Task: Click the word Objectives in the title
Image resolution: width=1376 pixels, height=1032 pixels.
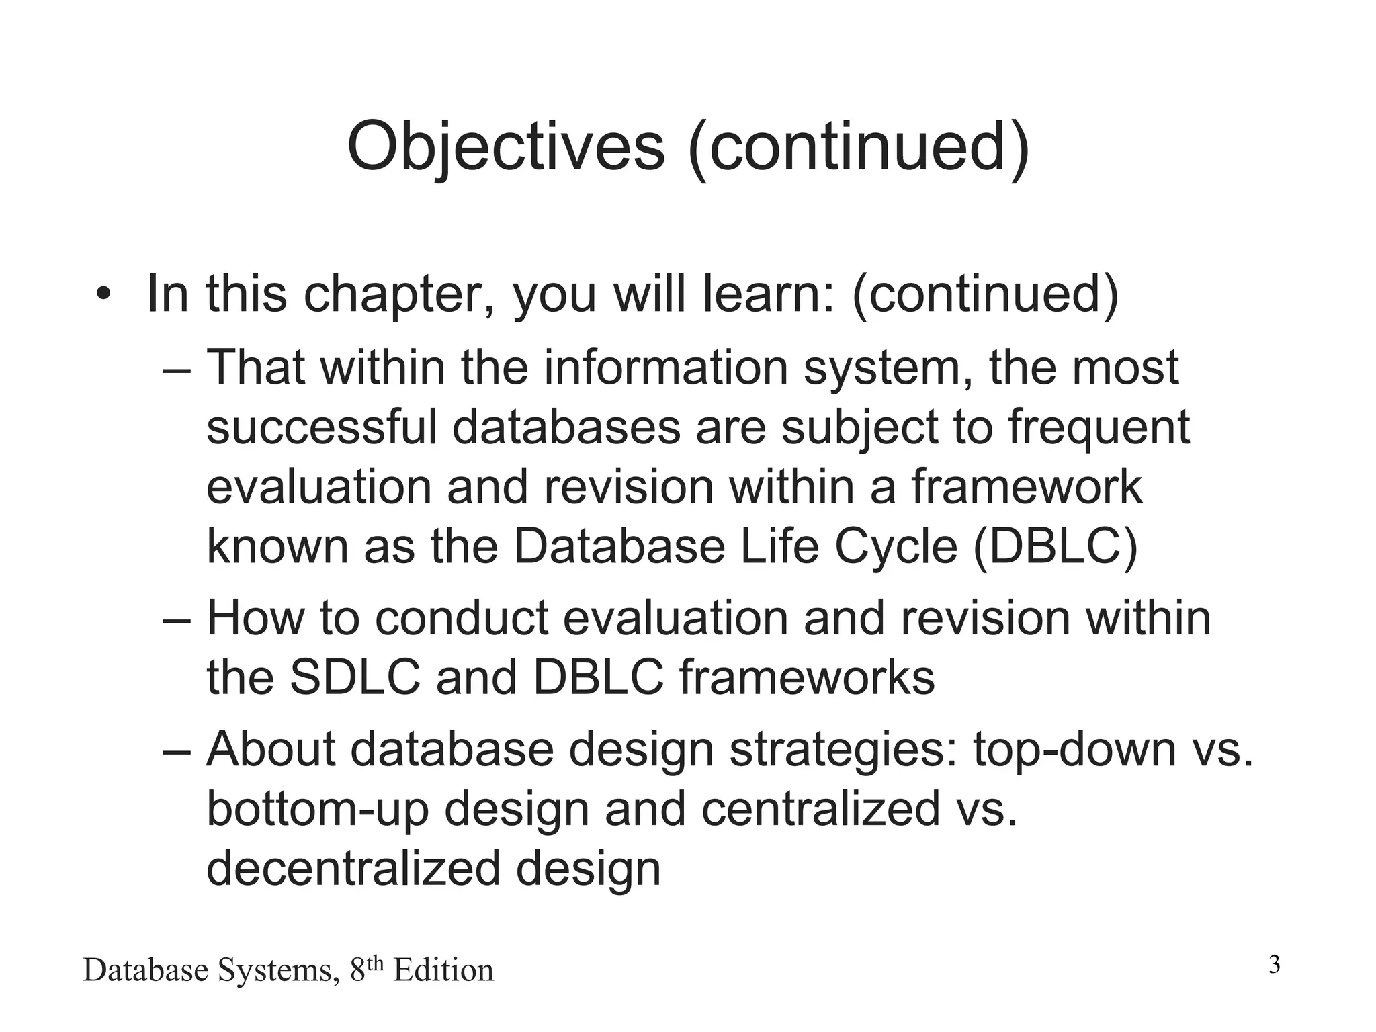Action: click(505, 146)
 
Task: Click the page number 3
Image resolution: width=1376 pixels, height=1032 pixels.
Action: click(1274, 965)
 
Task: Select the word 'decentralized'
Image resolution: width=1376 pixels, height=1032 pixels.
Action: click(353, 868)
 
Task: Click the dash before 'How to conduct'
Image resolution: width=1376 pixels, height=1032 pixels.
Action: click(177, 619)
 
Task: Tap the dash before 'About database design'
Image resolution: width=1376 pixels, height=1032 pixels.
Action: click(177, 750)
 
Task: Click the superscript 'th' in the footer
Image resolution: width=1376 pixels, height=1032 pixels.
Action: click(376, 963)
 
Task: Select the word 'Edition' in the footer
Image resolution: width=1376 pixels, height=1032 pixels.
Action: click(443, 971)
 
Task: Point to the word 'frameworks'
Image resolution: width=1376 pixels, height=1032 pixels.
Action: click(807, 677)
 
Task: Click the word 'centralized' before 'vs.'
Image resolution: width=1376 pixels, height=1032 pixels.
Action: click(820, 808)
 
